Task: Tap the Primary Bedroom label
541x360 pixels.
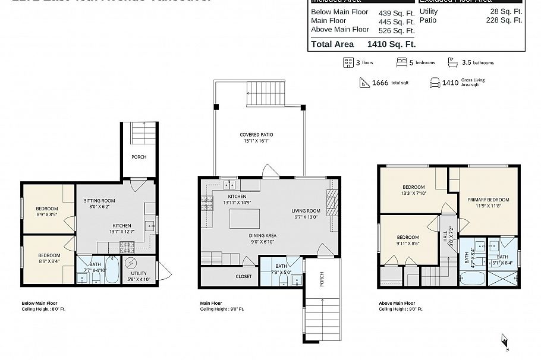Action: pyautogui.click(x=487, y=200)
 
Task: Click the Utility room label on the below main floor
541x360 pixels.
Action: pyautogui.click(x=139, y=274)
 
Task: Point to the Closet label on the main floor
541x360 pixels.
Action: pyautogui.click(x=244, y=276)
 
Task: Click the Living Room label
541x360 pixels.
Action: pyautogui.click(x=306, y=211)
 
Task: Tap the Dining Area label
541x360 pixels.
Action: pyautogui.click(x=262, y=235)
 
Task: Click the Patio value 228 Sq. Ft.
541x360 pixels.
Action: pyautogui.click(x=504, y=20)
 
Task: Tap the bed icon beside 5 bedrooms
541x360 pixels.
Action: pyautogui.click(x=402, y=62)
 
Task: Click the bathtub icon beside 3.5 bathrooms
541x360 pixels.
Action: pyautogui.click(x=452, y=62)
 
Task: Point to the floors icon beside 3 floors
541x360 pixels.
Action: pyautogui.click(x=348, y=62)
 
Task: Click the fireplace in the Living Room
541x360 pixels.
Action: pyautogui.click(x=332, y=203)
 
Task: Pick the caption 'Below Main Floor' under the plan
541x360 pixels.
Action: pyautogui.click(x=39, y=303)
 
